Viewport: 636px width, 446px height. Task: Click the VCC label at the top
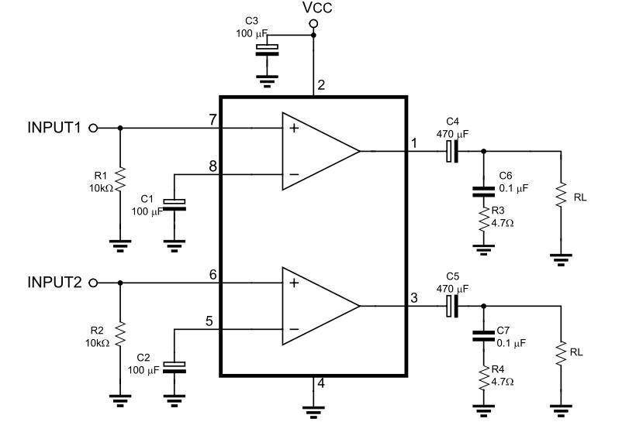(317, 7)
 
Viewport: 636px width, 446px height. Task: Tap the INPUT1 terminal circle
(93, 128)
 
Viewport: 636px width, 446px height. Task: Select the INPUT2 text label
(54, 283)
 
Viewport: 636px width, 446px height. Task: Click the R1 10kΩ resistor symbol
(120, 180)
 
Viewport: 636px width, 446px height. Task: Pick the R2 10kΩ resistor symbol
(120, 334)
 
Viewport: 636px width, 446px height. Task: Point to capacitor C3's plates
(267, 50)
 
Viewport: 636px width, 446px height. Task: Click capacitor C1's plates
(175, 205)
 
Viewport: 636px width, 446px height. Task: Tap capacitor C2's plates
(175, 368)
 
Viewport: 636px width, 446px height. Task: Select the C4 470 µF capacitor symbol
(452, 152)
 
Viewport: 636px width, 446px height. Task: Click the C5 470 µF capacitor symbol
(452, 307)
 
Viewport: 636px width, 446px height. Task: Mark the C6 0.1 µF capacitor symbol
(483, 191)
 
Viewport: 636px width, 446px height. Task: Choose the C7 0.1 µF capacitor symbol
(483, 336)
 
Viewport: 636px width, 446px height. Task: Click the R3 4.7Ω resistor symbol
(483, 220)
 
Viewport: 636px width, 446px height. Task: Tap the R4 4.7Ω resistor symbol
(483, 379)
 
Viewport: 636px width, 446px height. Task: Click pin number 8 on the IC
(213, 166)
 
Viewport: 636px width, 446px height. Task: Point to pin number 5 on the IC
(209, 321)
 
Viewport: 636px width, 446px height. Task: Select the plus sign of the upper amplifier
(294, 129)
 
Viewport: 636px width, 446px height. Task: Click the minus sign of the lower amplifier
(294, 329)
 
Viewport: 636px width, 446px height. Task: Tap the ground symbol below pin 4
(313, 412)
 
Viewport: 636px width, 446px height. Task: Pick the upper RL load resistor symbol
(561, 195)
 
